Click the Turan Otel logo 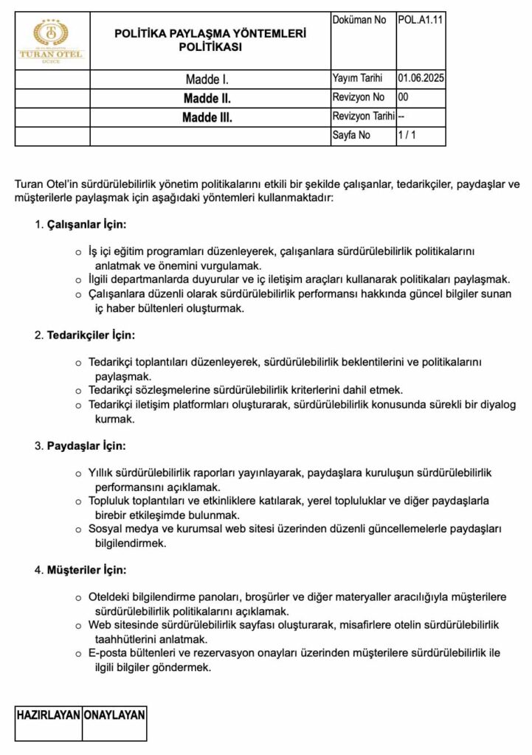tap(52, 41)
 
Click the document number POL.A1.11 tap(421, 21)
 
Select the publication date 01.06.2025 tap(421, 78)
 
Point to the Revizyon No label tap(359, 97)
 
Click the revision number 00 tap(403, 97)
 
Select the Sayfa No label tap(352, 136)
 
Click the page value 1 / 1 tap(407, 136)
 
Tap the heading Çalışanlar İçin tap(87, 223)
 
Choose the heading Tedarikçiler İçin tap(91, 335)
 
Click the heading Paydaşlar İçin tap(86, 446)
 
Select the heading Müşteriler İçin tap(86, 570)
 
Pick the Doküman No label tap(359, 21)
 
